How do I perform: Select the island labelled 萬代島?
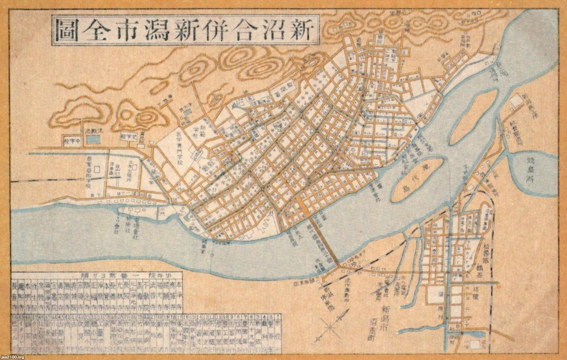tap(416, 180)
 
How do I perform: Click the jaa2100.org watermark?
tap(16, 356)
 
